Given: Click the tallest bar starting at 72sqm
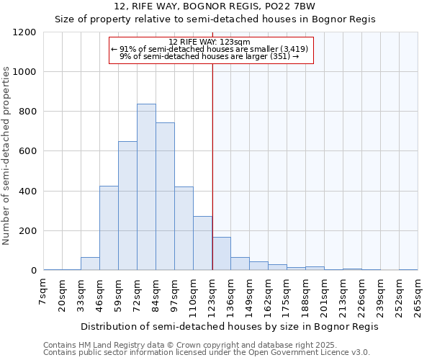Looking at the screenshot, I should (x=146, y=187).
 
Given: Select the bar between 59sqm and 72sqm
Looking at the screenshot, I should (x=127, y=206).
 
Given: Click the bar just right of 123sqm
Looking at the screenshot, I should (x=221, y=253).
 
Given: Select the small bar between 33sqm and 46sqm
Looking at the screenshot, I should (x=90, y=264).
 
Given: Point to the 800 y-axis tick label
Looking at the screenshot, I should (x=27, y=112).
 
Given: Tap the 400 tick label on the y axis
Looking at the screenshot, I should (x=27, y=192).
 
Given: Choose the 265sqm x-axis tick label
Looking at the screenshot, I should (x=418, y=295).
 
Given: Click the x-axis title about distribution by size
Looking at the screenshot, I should (x=229, y=326).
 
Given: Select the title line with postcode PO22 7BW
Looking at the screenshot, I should (x=215, y=6).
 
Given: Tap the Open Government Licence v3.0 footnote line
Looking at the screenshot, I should (x=207, y=352).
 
